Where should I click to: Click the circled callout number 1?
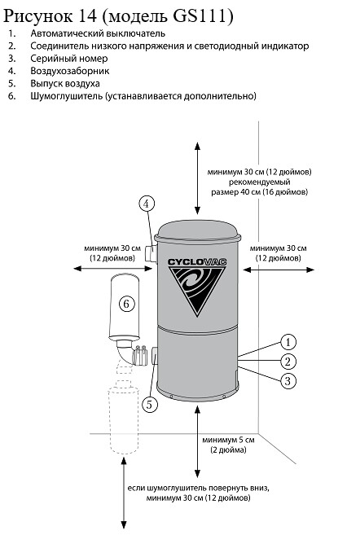[288, 342]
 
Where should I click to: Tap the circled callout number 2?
[288, 362]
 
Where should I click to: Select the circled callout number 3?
[288, 381]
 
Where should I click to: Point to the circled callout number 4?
[147, 204]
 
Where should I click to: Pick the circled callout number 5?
[150, 405]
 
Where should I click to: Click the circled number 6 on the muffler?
[126, 303]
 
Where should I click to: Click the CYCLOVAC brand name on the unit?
[197, 262]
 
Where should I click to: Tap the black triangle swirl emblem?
[197, 288]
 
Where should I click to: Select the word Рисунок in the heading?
[37, 16]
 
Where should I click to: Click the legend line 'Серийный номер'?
[69, 59]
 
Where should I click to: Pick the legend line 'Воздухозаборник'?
[70, 71]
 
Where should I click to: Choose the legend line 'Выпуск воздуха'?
[65, 84]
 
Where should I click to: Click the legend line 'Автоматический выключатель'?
[98, 33]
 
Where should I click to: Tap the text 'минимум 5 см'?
[228, 440]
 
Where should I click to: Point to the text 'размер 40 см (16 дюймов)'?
[259, 191]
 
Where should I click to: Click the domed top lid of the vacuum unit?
[198, 230]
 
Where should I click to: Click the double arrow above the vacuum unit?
[197, 178]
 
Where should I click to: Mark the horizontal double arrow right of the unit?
[279, 270]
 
